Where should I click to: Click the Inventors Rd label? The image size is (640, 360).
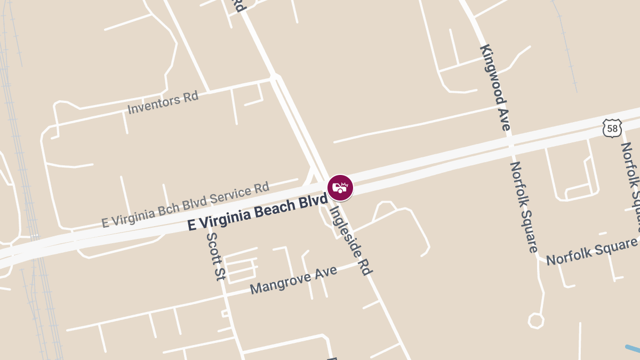click(163, 102)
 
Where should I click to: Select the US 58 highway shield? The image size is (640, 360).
click(612, 128)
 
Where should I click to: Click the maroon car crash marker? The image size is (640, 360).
click(340, 188)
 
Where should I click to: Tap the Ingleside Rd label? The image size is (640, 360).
click(350, 240)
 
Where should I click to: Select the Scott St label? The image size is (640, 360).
click(216, 256)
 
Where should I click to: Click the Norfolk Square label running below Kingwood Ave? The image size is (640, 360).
click(524, 207)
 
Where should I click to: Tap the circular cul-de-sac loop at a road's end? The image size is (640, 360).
click(535, 321)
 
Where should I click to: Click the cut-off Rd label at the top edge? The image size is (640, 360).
click(238, 5)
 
